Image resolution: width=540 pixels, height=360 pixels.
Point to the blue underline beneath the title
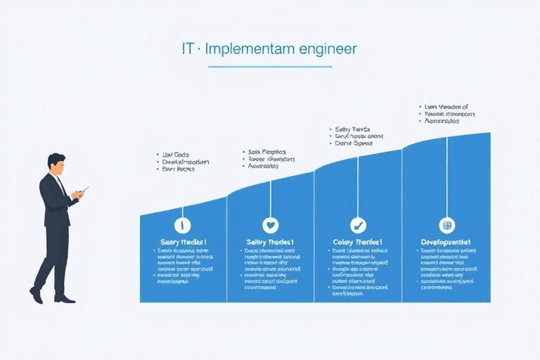270,67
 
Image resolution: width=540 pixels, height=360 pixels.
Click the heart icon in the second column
270,225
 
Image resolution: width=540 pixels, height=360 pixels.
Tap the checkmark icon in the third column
358,225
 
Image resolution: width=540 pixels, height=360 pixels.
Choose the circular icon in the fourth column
446,225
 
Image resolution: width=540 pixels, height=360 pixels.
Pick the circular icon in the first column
183,225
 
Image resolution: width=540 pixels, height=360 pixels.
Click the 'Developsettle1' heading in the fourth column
446,242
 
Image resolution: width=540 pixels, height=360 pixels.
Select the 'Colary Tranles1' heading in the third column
358,242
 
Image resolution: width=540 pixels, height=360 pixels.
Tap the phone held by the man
84,190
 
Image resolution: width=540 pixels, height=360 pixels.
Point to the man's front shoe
65,299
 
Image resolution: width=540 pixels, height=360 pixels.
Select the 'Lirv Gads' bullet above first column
176,153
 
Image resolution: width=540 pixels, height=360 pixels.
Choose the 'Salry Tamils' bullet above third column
352,129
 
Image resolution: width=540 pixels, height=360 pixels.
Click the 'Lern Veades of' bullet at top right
446,107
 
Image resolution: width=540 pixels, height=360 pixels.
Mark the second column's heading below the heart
270,242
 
